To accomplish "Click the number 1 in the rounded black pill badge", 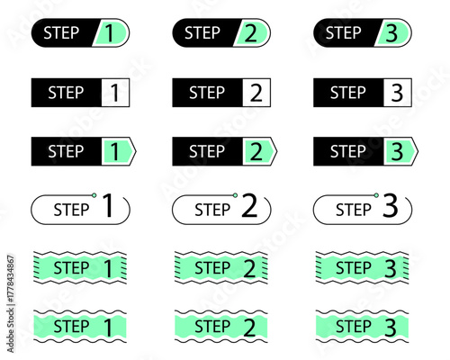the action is [109, 33].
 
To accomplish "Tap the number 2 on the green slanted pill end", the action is [251, 33].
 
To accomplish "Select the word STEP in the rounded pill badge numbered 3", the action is [344, 32].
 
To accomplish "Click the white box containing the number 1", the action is [115, 93].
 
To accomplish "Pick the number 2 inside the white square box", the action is [256, 93].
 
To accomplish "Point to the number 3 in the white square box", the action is [397, 93].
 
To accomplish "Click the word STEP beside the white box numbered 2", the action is [207, 93].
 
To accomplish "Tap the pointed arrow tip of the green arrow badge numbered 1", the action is [136, 151].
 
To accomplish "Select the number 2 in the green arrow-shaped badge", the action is [256, 151].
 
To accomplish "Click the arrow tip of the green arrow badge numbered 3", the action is [418, 151].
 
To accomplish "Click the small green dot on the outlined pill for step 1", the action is [94, 195].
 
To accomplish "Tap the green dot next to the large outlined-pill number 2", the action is [235, 195].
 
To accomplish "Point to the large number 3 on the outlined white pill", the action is [391, 205].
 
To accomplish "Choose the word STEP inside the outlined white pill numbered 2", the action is [212, 210].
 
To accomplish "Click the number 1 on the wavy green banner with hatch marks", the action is [108, 268].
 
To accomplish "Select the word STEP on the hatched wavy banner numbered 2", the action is [212, 267].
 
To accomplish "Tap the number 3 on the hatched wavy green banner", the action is [391, 268].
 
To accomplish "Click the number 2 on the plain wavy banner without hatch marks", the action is [249, 328].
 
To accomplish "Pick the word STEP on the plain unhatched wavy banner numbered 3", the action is [354, 327].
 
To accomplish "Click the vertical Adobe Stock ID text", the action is [11, 304].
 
